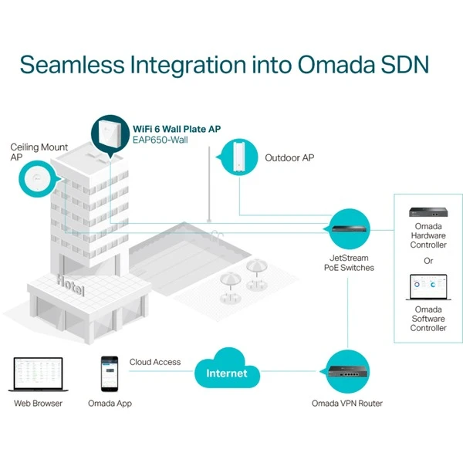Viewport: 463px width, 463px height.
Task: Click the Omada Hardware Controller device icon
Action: pos(428,210)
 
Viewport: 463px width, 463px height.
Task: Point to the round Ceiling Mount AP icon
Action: pos(37,180)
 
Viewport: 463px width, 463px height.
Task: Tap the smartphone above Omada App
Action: pos(110,375)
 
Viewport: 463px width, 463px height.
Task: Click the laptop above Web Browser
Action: pos(38,375)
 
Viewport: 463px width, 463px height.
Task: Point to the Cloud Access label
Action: pos(154,362)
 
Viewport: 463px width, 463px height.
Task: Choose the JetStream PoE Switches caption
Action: pos(349,262)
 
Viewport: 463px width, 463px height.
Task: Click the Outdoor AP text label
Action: pos(289,158)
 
